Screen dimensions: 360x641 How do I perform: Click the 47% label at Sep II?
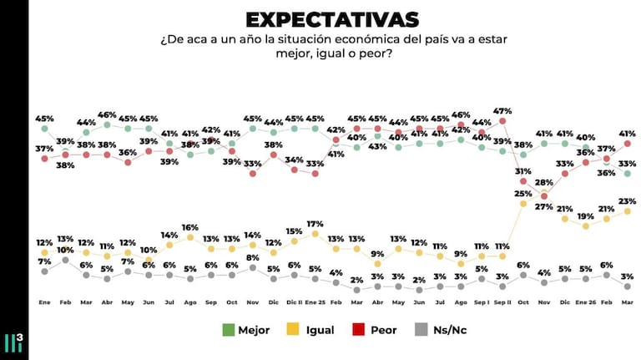coord(502,110)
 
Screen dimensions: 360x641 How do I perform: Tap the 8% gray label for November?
coord(253,257)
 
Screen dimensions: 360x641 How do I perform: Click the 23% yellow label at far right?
coord(628,200)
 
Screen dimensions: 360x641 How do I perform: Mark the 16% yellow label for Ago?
coord(190,226)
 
